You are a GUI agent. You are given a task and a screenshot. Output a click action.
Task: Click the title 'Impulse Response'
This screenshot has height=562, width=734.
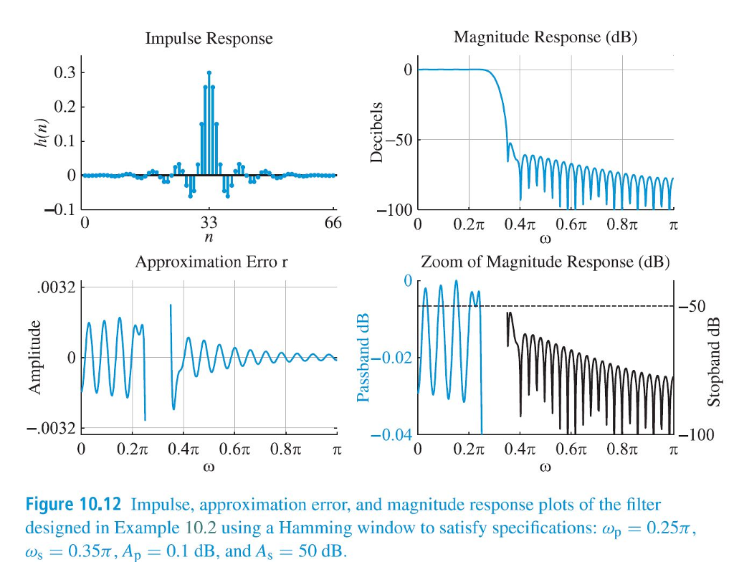tap(209, 39)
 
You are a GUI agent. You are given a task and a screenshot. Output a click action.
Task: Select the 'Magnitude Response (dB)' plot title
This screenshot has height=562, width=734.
tap(545, 37)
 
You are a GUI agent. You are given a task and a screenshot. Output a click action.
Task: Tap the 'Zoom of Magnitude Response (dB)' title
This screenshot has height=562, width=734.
tap(545, 262)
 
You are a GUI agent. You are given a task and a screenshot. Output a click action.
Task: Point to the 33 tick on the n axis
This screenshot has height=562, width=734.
tap(209, 222)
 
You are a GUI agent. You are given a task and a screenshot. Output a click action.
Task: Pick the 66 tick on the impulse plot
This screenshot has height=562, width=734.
tap(333, 223)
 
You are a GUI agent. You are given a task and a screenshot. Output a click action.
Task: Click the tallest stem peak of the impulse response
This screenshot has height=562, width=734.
tap(209, 72)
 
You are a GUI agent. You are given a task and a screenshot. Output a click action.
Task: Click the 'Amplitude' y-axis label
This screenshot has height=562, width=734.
tap(34, 357)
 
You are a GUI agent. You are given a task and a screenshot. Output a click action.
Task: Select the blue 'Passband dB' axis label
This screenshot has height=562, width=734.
tap(363, 356)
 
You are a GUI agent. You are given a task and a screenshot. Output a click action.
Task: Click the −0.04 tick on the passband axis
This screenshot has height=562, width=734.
tap(391, 435)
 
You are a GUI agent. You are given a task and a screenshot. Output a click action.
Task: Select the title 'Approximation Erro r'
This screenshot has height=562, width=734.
tap(211, 262)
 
